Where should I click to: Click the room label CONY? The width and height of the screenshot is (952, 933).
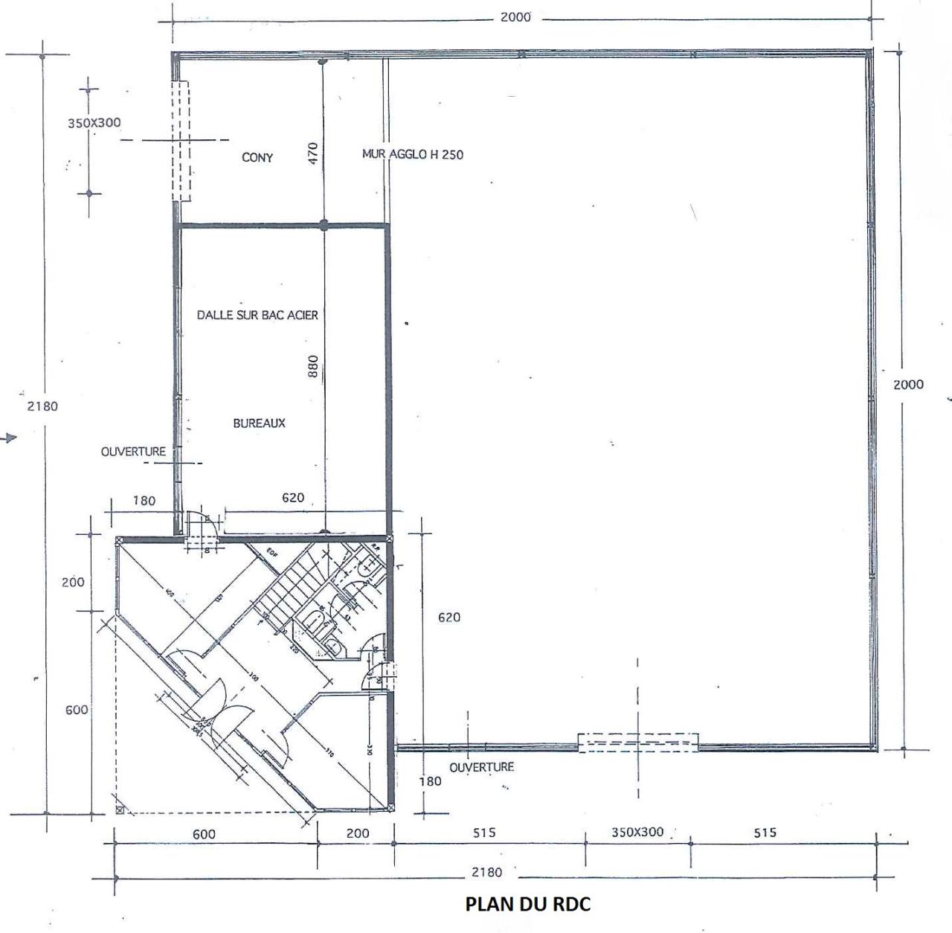coord(257,158)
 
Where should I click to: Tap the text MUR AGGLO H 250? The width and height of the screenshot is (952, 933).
coord(412,155)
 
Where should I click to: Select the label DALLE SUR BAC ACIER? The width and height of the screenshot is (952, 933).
coord(257,315)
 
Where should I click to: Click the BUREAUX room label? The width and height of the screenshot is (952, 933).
coord(259,423)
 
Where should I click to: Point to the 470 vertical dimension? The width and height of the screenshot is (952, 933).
coord(313,153)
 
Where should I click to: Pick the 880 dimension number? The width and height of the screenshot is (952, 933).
coord(313,365)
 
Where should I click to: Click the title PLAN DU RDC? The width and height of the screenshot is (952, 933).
coord(528,904)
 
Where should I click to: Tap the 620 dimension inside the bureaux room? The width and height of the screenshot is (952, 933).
coord(293,498)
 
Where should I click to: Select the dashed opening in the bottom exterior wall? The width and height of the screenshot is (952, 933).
coord(638,743)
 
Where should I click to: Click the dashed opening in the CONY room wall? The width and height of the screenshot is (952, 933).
coord(181,141)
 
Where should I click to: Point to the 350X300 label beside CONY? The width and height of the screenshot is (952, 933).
coord(94,123)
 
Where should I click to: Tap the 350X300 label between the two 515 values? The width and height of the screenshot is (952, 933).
coord(637,833)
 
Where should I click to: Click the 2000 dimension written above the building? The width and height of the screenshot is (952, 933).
coord(515,17)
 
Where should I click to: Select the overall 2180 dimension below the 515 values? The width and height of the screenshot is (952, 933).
coord(486,872)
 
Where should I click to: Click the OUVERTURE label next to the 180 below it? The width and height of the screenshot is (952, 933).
coord(481,767)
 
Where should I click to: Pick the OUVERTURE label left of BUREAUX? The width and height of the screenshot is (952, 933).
coord(133,452)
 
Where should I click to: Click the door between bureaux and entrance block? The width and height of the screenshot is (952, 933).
coord(201,525)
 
